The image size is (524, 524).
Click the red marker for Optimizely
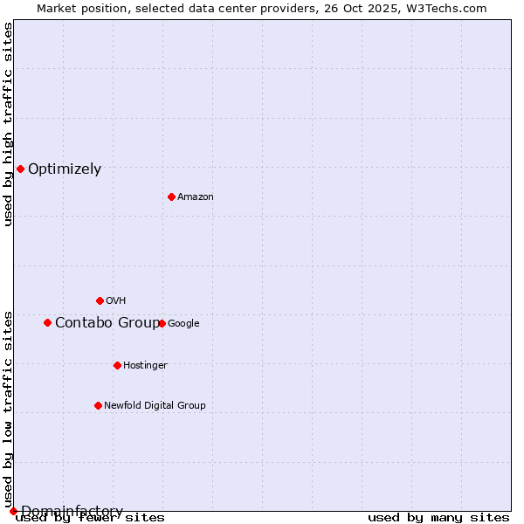coord(20,169)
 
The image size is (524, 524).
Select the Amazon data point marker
coord(171,196)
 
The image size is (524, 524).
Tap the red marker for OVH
coord(100,300)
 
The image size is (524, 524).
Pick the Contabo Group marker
coord(47,322)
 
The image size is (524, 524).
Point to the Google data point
coord(162,323)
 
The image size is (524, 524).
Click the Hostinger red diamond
coord(117,365)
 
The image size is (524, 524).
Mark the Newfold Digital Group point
coord(98,405)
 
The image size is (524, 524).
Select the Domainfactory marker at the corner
coord(13,511)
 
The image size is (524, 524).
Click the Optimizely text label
coord(65,169)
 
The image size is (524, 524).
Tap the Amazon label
coord(196,197)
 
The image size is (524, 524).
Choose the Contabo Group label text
coord(107,323)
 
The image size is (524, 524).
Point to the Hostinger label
coord(145,365)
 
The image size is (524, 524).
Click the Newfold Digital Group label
coord(155,405)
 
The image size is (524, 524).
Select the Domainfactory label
coord(72,511)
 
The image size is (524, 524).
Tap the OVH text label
coord(115,301)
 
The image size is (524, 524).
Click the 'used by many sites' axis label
coord(438,518)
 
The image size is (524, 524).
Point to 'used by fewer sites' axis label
coord(90,518)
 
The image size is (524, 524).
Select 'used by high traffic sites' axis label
coord(8,124)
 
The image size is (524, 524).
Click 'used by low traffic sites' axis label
coord(8,409)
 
